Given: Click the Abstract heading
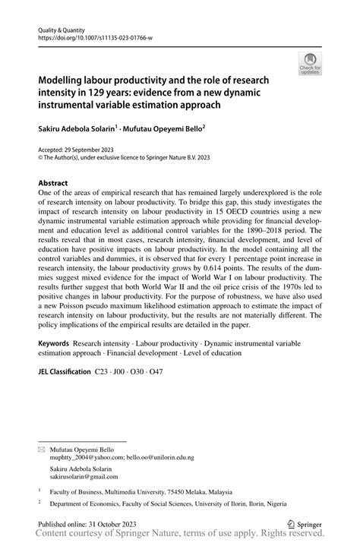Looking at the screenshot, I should click(x=52, y=183).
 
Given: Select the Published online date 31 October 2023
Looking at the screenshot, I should click(x=109, y=523).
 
